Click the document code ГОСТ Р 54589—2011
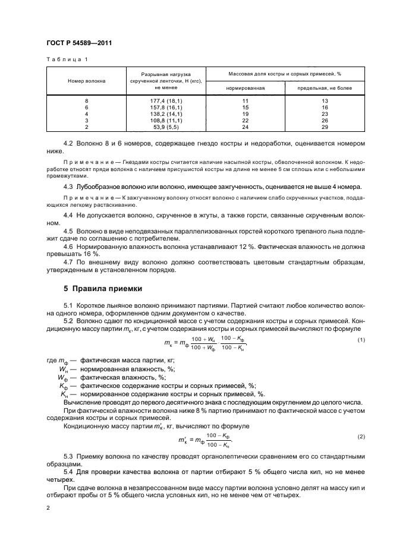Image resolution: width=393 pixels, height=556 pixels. pos(79,43)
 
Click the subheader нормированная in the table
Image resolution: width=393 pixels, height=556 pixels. pos(245,88)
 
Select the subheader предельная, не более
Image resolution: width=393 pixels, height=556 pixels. pos(328,88)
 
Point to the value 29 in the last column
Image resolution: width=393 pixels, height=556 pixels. pos(324,127)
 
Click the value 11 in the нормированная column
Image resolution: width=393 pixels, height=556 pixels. pos(244,101)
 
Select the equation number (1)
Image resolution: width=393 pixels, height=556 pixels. pos(360,339)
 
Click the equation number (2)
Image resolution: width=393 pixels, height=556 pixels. pos(360,437)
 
